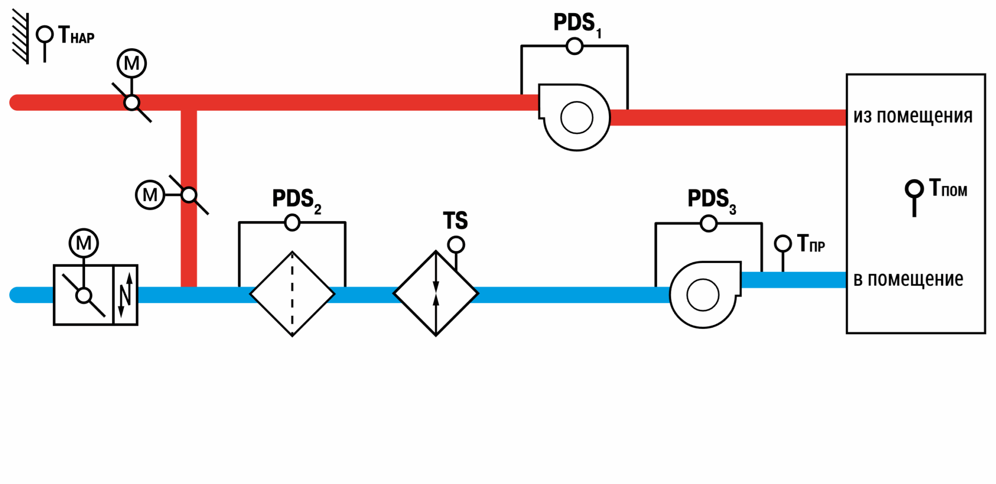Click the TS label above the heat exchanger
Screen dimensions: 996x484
coord(455,221)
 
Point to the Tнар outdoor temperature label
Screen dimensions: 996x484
coord(76,35)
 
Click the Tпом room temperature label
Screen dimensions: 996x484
coord(948,188)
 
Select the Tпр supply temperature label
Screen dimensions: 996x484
coord(811,243)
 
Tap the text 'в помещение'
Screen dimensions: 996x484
coord(908,279)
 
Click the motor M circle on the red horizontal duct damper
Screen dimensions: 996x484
coord(132,63)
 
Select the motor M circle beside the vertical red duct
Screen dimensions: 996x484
coord(150,194)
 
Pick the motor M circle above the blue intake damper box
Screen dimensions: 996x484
coord(84,243)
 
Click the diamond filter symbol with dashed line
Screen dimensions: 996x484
coord(292,294)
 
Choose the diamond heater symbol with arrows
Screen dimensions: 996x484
coord(436,294)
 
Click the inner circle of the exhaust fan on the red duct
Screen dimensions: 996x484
coord(577,118)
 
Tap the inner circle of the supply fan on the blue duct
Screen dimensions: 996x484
coord(703,295)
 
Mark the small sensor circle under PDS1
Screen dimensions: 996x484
coord(574,46)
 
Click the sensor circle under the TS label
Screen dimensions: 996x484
coord(456,244)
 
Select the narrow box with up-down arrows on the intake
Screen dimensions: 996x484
coord(125,295)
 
